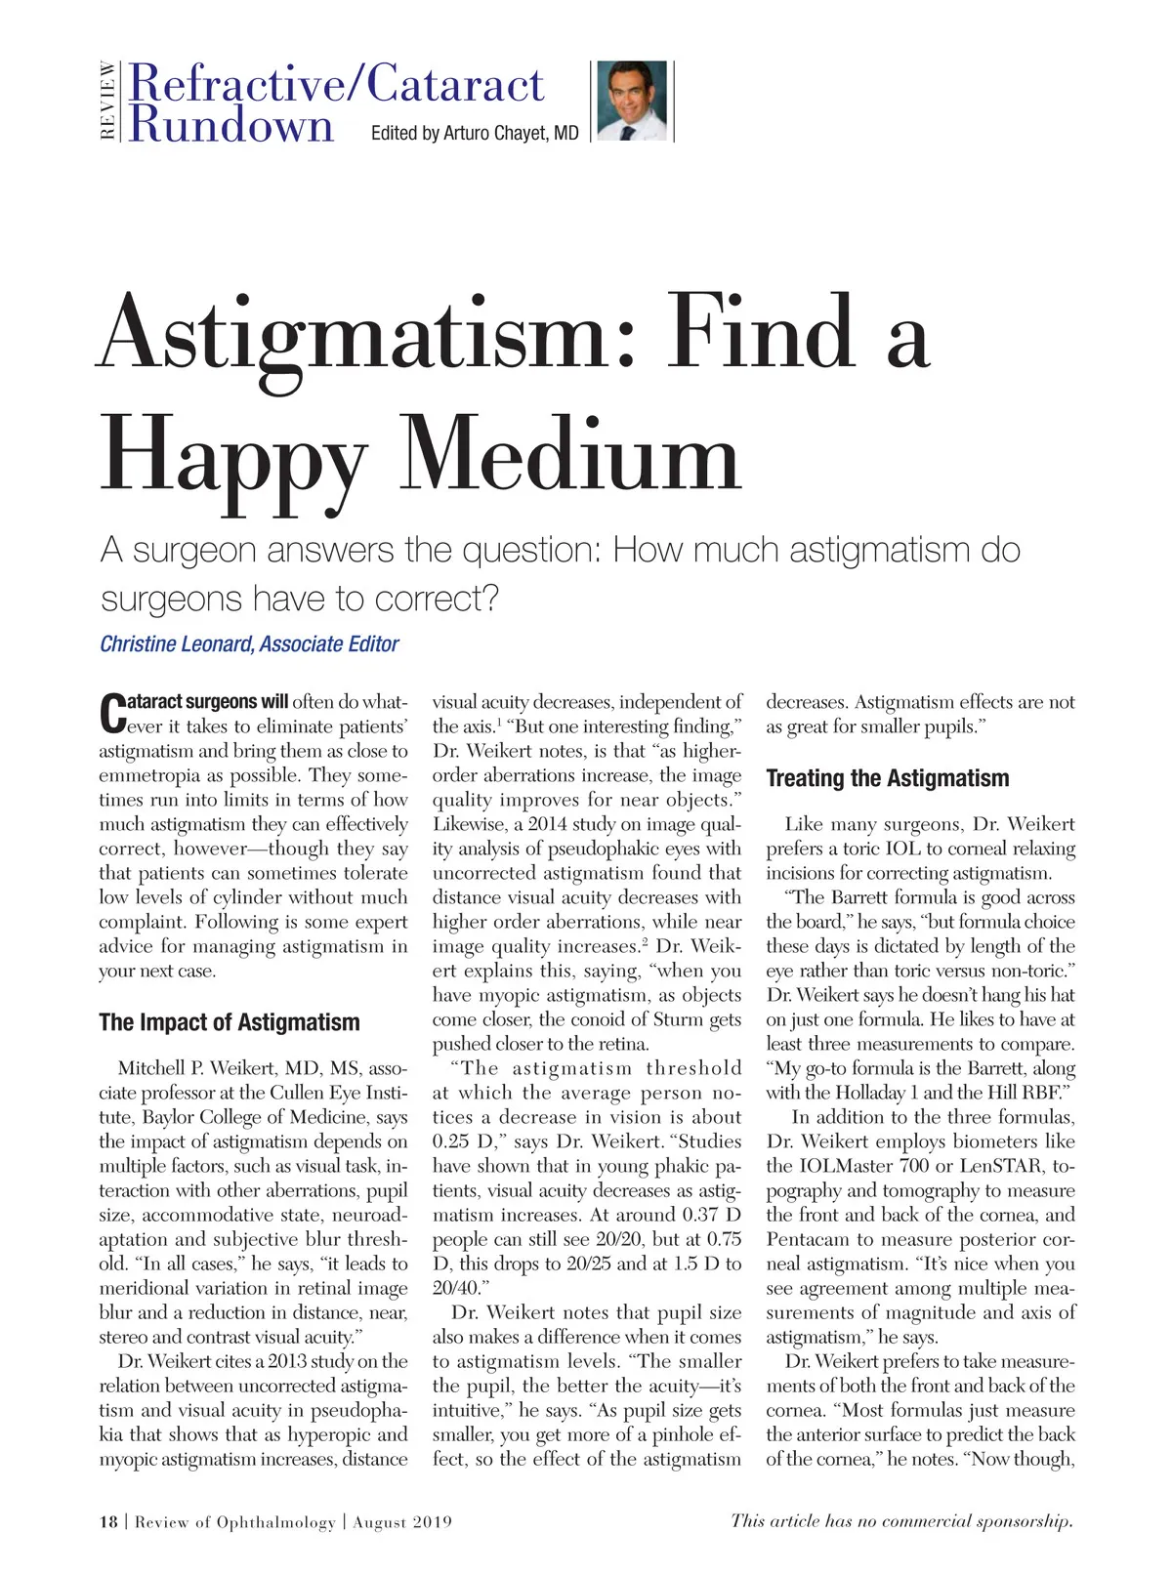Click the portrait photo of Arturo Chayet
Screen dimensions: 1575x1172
tap(631, 101)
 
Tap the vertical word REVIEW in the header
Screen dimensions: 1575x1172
tap(107, 101)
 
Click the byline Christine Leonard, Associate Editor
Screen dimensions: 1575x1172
tap(249, 644)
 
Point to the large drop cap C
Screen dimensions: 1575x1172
tap(112, 713)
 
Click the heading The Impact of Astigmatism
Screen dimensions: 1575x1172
tap(230, 1022)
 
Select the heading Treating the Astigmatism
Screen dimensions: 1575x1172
tap(887, 778)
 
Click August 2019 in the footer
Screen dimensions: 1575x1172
tap(402, 1522)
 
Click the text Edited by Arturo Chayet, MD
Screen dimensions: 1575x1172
tap(475, 133)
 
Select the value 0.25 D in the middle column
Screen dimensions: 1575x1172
tap(464, 1141)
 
